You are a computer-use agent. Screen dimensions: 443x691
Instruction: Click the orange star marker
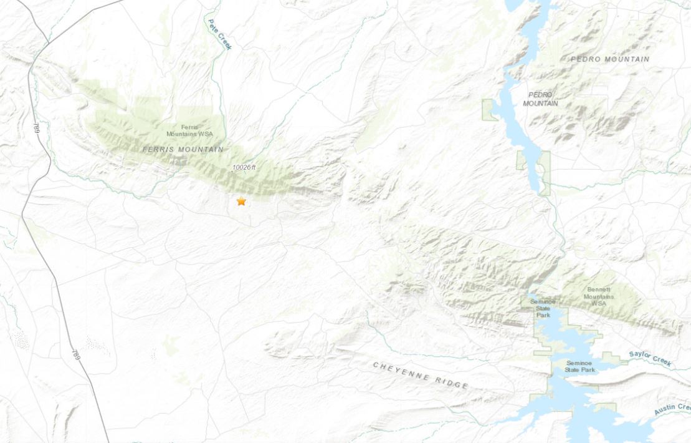(x=241, y=202)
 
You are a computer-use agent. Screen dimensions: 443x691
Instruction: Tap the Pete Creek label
(x=219, y=34)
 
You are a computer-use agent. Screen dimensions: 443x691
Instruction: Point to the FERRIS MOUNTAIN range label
(x=183, y=150)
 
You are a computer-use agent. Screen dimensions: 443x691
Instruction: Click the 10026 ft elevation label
(x=244, y=167)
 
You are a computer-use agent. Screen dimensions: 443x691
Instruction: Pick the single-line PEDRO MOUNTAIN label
(x=610, y=59)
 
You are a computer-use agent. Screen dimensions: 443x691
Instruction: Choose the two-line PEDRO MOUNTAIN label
(x=540, y=99)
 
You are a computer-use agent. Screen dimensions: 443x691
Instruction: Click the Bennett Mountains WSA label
(x=600, y=296)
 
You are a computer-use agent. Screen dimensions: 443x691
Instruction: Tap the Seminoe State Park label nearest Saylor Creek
(x=580, y=366)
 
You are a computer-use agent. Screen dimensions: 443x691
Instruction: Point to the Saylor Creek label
(x=650, y=359)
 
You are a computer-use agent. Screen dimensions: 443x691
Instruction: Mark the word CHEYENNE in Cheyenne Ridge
(x=402, y=372)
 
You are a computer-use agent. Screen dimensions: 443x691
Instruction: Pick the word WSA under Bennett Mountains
(x=600, y=303)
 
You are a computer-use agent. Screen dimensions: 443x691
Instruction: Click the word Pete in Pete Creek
(x=212, y=26)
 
